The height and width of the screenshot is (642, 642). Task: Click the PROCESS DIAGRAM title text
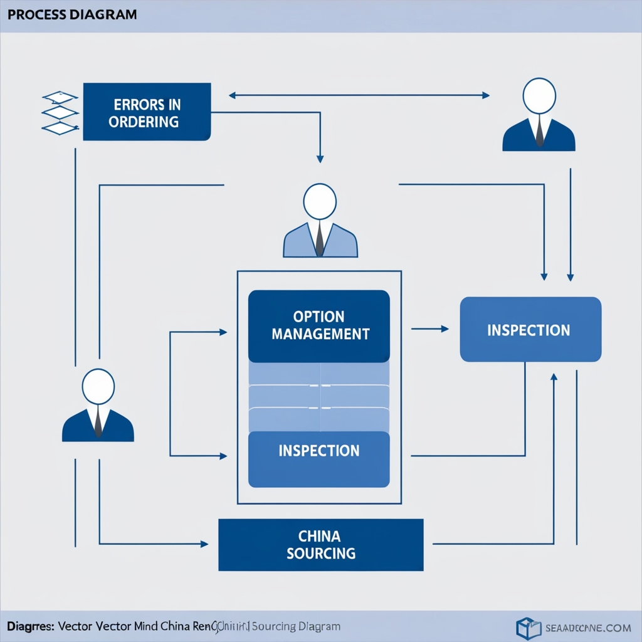coord(72,14)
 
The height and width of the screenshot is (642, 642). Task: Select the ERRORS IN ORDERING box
coord(147,112)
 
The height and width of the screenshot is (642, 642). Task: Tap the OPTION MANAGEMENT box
coord(319,326)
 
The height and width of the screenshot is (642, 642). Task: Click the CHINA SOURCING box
coord(320,544)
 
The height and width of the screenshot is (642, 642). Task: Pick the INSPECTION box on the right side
coord(530,330)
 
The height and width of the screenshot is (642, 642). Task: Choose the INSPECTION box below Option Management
coord(319,460)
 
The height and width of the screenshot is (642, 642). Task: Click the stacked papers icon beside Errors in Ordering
coord(60,113)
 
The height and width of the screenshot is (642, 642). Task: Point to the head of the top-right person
coord(539,95)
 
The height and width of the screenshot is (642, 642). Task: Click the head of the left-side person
coord(98,386)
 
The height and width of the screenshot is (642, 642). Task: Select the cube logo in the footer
coord(528,628)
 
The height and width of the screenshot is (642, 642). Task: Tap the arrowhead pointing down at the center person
coord(320,159)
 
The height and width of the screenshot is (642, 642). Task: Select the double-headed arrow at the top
coord(359,96)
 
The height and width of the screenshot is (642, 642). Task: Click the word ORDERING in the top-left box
coord(144,122)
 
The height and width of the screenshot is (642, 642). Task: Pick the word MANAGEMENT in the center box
coord(320,334)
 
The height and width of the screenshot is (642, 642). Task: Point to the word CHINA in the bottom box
coord(320,536)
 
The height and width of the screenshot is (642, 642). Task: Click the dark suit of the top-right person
coord(522,138)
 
